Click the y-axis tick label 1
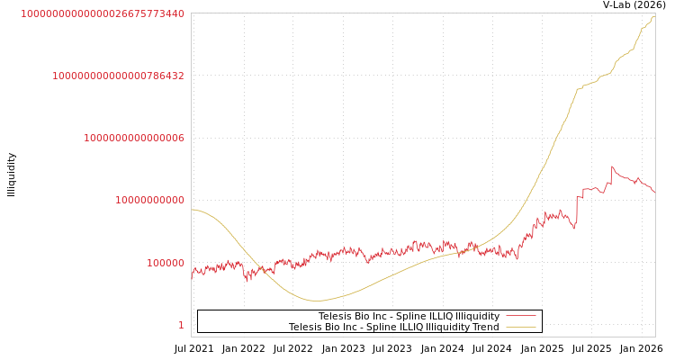point(181,325)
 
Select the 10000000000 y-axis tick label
point(149,200)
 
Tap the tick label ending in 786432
point(118,76)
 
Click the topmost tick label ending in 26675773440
point(103,13)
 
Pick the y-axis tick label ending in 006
point(134,138)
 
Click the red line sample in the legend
point(521,316)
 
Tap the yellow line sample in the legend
point(521,327)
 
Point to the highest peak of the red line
point(612,166)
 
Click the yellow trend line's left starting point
point(192,210)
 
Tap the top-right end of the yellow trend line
point(654,15)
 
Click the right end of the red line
point(654,193)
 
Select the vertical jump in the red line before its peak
point(577,209)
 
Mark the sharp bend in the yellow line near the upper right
point(578,89)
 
